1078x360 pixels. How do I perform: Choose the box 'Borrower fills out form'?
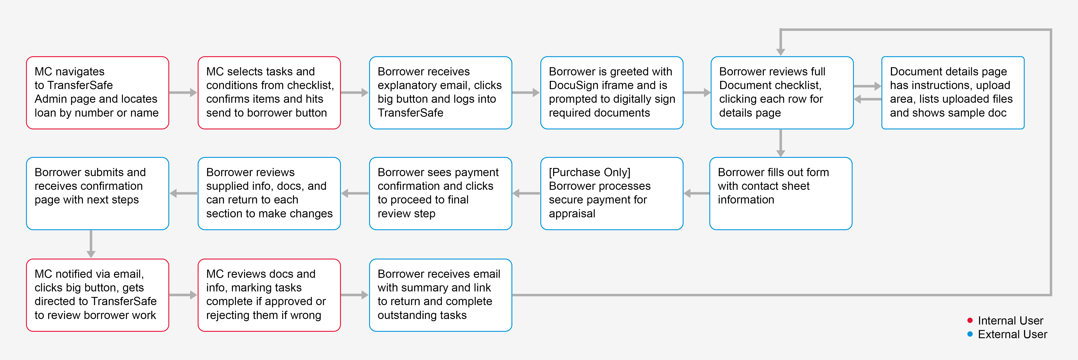(781, 193)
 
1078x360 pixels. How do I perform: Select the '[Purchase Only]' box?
(612, 193)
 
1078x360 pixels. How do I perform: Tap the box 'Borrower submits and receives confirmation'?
(97, 193)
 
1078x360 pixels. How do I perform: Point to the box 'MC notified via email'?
(97, 295)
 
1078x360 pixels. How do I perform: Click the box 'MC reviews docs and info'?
(269, 295)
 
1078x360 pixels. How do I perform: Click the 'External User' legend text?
(1012, 334)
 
